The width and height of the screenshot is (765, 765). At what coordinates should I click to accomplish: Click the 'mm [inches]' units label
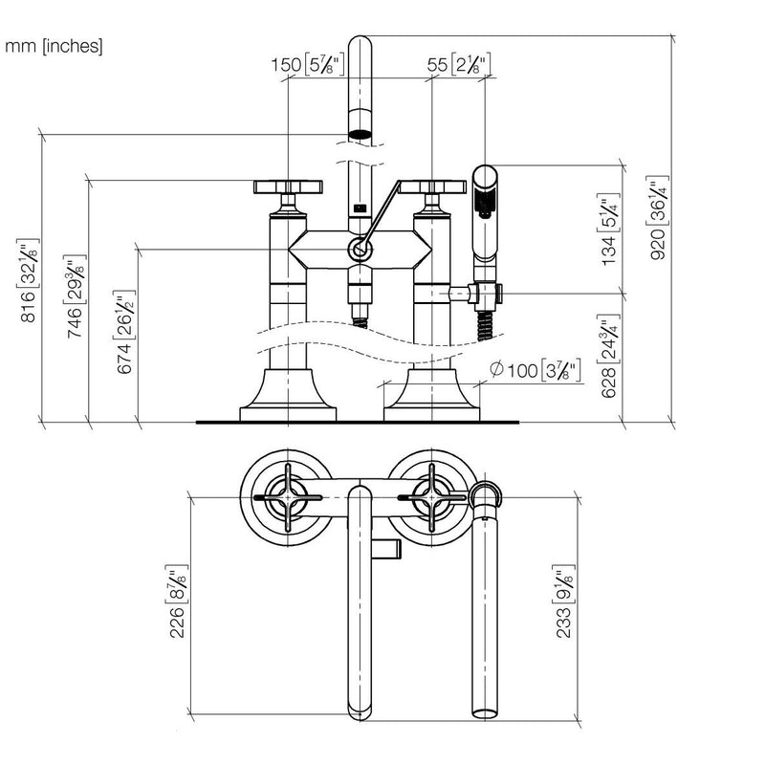click(x=54, y=46)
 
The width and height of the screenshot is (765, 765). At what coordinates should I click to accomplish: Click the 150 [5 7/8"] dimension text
click(x=308, y=64)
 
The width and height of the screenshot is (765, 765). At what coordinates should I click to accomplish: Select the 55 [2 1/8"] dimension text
click(x=459, y=64)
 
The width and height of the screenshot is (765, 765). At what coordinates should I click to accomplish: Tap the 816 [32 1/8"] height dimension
click(x=29, y=280)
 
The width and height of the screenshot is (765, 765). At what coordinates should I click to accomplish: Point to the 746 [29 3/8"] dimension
click(x=76, y=296)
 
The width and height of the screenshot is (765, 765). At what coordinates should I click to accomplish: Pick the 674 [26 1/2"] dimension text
click(x=124, y=332)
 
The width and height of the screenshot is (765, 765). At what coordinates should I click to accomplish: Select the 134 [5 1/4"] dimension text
click(x=609, y=229)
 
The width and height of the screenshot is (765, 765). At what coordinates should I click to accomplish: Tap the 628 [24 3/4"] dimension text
click(x=609, y=356)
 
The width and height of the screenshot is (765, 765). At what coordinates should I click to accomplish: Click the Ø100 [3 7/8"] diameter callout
click(x=535, y=370)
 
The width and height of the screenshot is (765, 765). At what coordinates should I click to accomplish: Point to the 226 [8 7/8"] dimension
click(x=177, y=601)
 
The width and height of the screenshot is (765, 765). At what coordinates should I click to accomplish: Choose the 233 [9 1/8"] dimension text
click(x=564, y=601)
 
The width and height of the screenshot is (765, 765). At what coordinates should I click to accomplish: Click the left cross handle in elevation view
click(x=288, y=186)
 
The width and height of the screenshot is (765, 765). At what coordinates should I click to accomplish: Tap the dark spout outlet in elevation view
click(x=361, y=134)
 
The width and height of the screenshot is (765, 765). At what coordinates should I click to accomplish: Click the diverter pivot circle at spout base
click(x=361, y=251)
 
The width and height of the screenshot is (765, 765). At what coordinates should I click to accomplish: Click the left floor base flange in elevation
click(x=288, y=395)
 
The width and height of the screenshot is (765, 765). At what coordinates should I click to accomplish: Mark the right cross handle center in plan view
click(x=432, y=497)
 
